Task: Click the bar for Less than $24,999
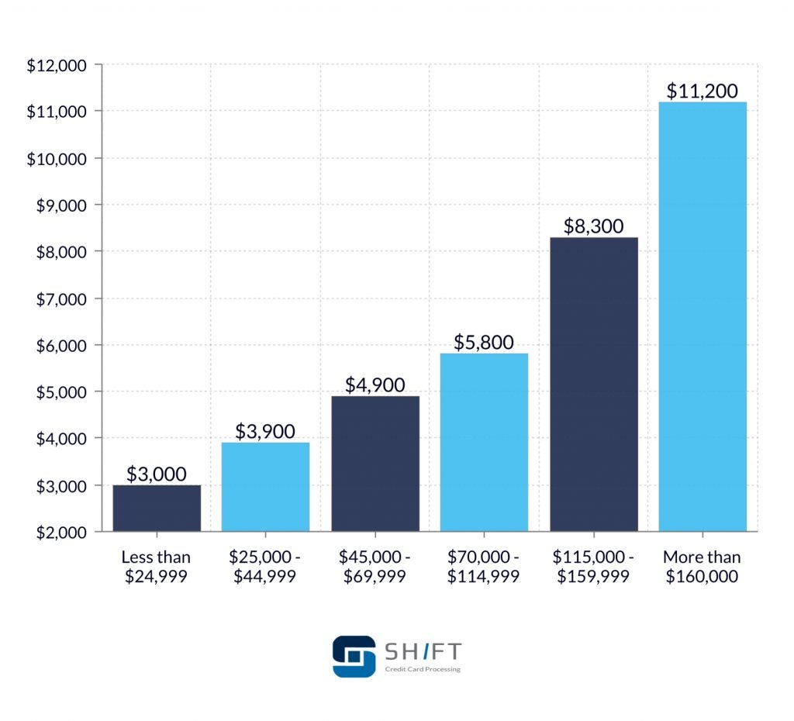(157, 508)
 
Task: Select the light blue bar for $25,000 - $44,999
(265, 487)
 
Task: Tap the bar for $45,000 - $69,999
(375, 464)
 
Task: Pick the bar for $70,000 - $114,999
(484, 442)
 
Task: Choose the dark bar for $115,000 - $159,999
(594, 384)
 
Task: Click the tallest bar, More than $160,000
(703, 316)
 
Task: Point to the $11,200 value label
(703, 91)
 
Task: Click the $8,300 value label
(594, 226)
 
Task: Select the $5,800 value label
(484, 342)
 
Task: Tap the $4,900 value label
(375, 385)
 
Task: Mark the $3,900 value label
(265, 431)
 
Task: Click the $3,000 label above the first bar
(157, 474)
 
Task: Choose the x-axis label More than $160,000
(703, 567)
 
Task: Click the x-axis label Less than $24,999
(157, 567)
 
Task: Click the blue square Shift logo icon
(354, 656)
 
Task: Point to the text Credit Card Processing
(423, 669)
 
